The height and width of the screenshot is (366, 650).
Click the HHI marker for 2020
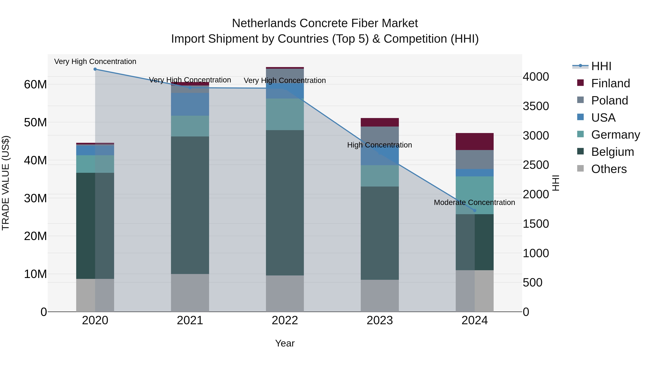(x=95, y=69)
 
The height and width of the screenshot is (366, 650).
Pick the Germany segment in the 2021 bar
(x=190, y=126)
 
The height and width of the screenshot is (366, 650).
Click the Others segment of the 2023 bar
(x=380, y=296)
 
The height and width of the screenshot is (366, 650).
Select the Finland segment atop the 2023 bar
(x=380, y=122)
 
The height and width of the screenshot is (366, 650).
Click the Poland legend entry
(x=609, y=100)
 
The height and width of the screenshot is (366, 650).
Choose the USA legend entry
(x=603, y=118)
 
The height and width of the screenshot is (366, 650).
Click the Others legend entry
(x=609, y=169)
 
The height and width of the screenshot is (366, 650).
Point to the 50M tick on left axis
(x=35, y=123)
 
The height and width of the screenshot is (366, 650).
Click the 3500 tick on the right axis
(x=536, y=106)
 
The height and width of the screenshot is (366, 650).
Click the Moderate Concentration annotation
(x=474, y=202)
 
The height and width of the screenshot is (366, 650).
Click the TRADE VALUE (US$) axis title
(x=6, y=183)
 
